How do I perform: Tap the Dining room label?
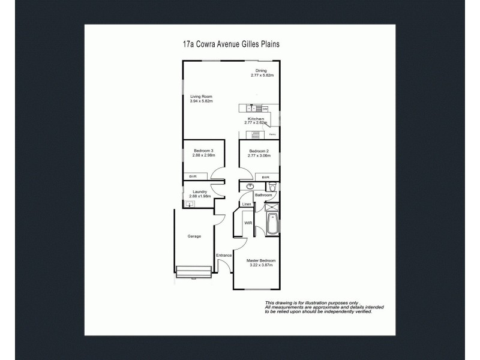pyautogui.click(x=260, y=70)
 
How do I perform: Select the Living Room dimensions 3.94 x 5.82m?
pyautogui.click(x=202, y=101)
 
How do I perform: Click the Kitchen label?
pyautogui.click(x=256, y=119)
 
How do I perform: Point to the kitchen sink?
pyautogui.click(x=253, y=109)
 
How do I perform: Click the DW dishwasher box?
pyautogui.click(x=265, y=109)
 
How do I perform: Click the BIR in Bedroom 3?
pyautogui.click(x=193, y=176)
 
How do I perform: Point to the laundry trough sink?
pyautogui.click(x=190, y=204)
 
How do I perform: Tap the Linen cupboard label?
pyautogui.click(x=247, y=205)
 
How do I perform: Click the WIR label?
pyautogui.click(x=247, y=224)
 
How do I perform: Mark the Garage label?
pyautogui.click(x=193, y=236)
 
